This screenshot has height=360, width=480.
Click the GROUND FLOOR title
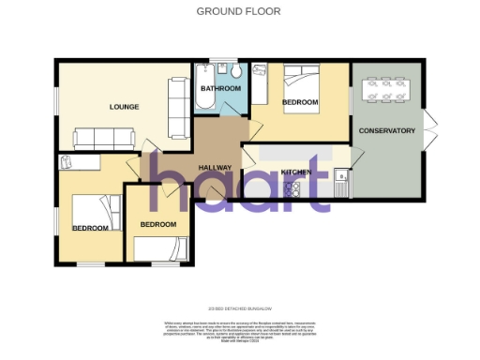pos(238,11)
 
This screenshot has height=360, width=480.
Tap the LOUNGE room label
pos(124,107)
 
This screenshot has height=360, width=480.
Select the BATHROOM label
pos(221,88)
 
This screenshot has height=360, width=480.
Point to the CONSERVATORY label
pos(386,131)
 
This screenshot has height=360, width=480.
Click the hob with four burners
pos(292,187)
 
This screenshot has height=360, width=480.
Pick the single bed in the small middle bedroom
pos(157,249)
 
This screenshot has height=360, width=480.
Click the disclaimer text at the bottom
pos(239,330)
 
